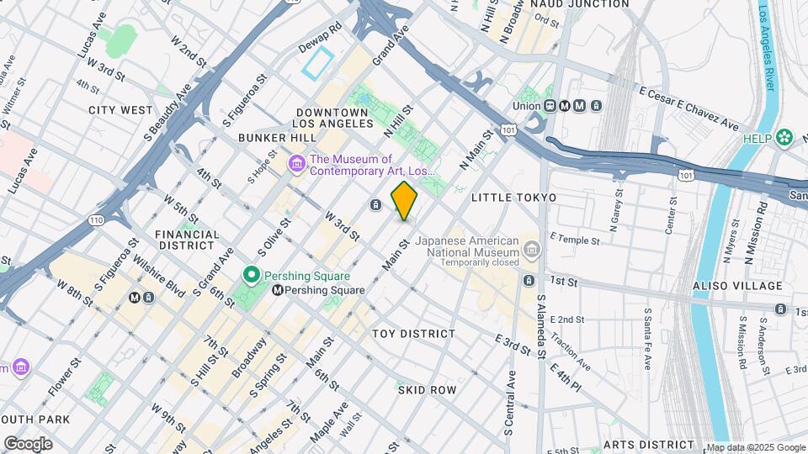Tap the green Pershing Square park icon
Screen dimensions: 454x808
point(250,275)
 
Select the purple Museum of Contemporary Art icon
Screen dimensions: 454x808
point(296,164)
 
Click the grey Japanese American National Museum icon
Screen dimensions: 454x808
point(531,248)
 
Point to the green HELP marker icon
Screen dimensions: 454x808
point(784,136)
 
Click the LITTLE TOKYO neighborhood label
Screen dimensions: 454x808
point(513,198)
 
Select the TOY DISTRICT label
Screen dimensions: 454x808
point(413,334)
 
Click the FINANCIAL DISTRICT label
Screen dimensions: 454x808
point(187,240)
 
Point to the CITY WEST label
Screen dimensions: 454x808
point(121,110)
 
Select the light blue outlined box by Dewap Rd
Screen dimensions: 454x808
point(319,63)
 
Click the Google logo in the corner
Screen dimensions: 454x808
point(28,444)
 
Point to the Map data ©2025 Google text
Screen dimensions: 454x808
point(755,448)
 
